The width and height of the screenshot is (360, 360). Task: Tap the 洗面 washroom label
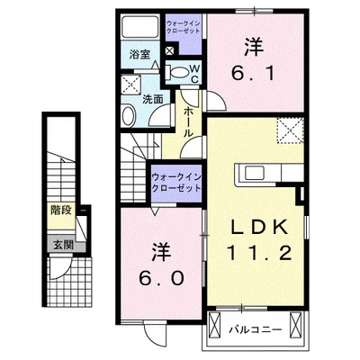point(155,100)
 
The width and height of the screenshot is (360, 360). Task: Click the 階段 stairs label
point(61,212)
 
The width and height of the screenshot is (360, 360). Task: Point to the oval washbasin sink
point(130,115)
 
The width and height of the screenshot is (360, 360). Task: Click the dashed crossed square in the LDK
point(291,132)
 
